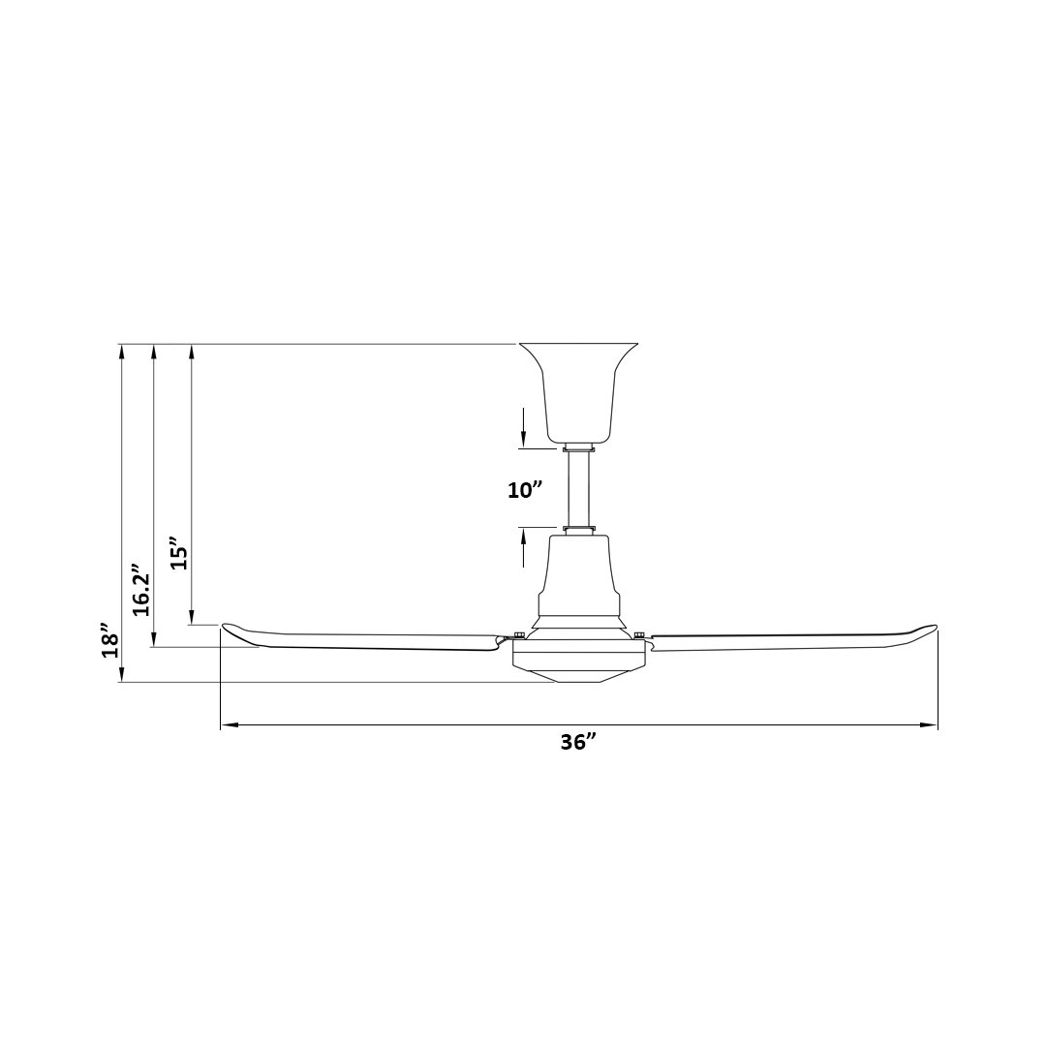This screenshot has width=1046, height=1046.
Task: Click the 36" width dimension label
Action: pos(577,743)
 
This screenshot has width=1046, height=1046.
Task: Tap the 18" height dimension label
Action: pos(110,641)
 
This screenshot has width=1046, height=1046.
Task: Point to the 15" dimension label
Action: pos(180,552)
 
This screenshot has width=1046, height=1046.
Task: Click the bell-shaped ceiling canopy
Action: pos(578,393)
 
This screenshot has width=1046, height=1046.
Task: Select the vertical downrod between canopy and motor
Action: pos(578,490)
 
